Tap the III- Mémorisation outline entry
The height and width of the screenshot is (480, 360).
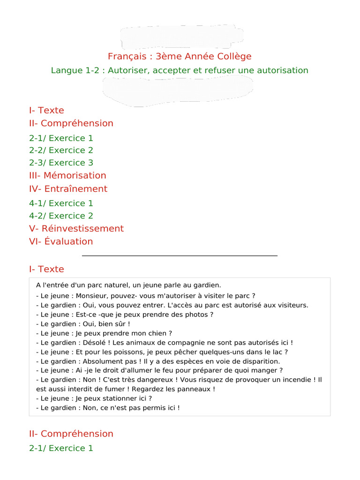point(67,176)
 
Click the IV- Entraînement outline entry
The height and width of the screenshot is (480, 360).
point(68,189)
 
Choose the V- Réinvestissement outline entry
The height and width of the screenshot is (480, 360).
point(76,229)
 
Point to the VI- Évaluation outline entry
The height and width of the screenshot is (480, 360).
point(61,242)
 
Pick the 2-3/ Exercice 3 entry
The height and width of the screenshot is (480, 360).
point(61,163)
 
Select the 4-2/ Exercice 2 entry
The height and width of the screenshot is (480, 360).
point(61,216)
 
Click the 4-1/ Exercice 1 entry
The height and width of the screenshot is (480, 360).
point(61,203)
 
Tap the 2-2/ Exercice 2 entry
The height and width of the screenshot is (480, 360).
point(61,150)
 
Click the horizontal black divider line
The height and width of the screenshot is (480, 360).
point(180,255)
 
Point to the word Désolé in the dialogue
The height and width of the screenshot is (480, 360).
point(96,343)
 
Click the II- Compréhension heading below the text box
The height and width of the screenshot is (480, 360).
point(71,434)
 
